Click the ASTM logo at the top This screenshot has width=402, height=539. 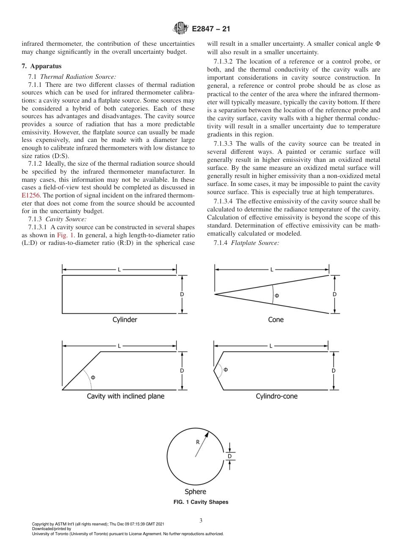click(181, 29)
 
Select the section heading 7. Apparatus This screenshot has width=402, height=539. click(41, 67)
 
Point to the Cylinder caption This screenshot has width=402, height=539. click(125, 320)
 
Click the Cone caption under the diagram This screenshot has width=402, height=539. click(276, 320)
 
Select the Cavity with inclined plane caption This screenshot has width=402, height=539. click(126, 396)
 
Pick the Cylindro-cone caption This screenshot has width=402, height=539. click(277, 396)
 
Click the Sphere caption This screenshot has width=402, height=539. click(195, 492)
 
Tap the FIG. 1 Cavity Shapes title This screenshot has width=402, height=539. click(201, 502)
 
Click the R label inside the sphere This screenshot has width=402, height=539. click(198, 442)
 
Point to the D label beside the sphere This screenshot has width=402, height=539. click(230, 456)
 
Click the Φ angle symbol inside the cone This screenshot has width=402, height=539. click(277, 295)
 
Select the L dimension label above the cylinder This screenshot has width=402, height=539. click(119, 269)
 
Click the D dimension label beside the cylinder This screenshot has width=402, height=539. click(182, 294)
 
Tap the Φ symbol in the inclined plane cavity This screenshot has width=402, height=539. click(93, 377)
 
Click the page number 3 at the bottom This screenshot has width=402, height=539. click(201, 521)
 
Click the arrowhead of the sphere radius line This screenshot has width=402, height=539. click(207, 433)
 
